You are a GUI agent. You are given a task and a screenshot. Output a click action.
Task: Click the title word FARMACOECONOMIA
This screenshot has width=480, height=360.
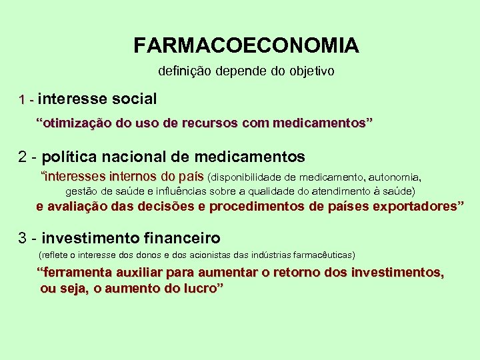(246, 45)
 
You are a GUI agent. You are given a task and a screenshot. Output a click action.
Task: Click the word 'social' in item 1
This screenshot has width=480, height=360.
(135, 99)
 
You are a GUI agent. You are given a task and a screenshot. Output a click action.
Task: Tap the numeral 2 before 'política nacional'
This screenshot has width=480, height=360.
(23, 157)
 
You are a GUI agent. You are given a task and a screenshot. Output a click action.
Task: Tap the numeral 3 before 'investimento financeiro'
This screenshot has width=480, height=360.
(23, 238)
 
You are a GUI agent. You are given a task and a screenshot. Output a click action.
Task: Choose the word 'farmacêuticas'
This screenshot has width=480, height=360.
(321, 255)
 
